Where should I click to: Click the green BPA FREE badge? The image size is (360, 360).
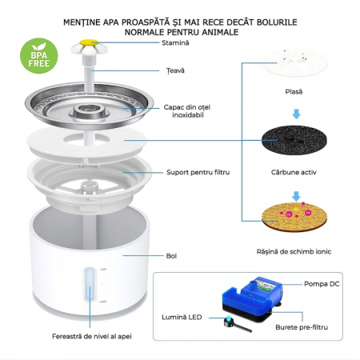(39, 56)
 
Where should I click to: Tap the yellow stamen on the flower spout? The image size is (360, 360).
(89, 42)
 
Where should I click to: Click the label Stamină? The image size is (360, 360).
(175, 42)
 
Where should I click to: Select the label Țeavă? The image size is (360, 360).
(175, 70)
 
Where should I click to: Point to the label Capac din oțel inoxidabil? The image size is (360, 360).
(187, 111)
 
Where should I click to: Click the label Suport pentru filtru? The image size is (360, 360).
(198, 172)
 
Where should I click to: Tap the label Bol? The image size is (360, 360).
(171, 256)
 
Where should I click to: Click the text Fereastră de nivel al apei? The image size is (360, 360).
(92, 336)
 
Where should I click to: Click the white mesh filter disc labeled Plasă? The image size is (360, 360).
(294, 62)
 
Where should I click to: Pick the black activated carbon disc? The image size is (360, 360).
(294, 140)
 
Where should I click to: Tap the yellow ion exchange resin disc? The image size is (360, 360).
(294, 217)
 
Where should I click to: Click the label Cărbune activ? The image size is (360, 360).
(294, 172)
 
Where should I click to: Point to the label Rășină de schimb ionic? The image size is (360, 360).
(294, 251)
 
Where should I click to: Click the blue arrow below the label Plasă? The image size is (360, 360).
(296, 114)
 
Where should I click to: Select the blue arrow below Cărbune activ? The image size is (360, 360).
(296, 196)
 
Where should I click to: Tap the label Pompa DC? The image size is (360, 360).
(322, 284)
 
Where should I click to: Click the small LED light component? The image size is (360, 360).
(238, 323)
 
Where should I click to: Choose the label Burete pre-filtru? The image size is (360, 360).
(302, 327)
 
